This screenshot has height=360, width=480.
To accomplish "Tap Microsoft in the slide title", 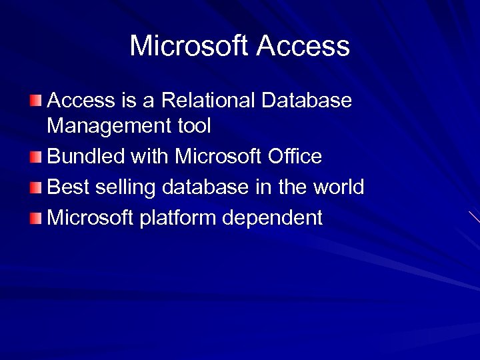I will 189,46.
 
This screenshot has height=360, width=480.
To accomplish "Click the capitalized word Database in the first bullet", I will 307,101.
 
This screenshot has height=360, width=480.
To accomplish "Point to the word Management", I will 106,125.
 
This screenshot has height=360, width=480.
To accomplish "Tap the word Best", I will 69,187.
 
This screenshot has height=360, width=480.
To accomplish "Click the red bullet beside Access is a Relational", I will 35,101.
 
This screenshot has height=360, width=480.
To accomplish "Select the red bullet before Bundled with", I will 35,157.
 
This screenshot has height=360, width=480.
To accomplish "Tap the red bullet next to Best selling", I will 35,187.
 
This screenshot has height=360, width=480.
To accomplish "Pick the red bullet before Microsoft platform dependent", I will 35,217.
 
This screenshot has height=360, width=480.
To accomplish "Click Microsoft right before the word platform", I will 91,218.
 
